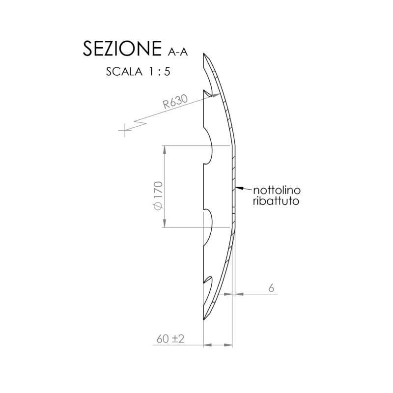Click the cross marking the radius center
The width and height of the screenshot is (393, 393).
tap(125, 131)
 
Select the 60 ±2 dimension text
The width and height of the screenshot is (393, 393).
tap(170, 339)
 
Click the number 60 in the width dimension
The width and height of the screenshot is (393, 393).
tap(163, 339)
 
